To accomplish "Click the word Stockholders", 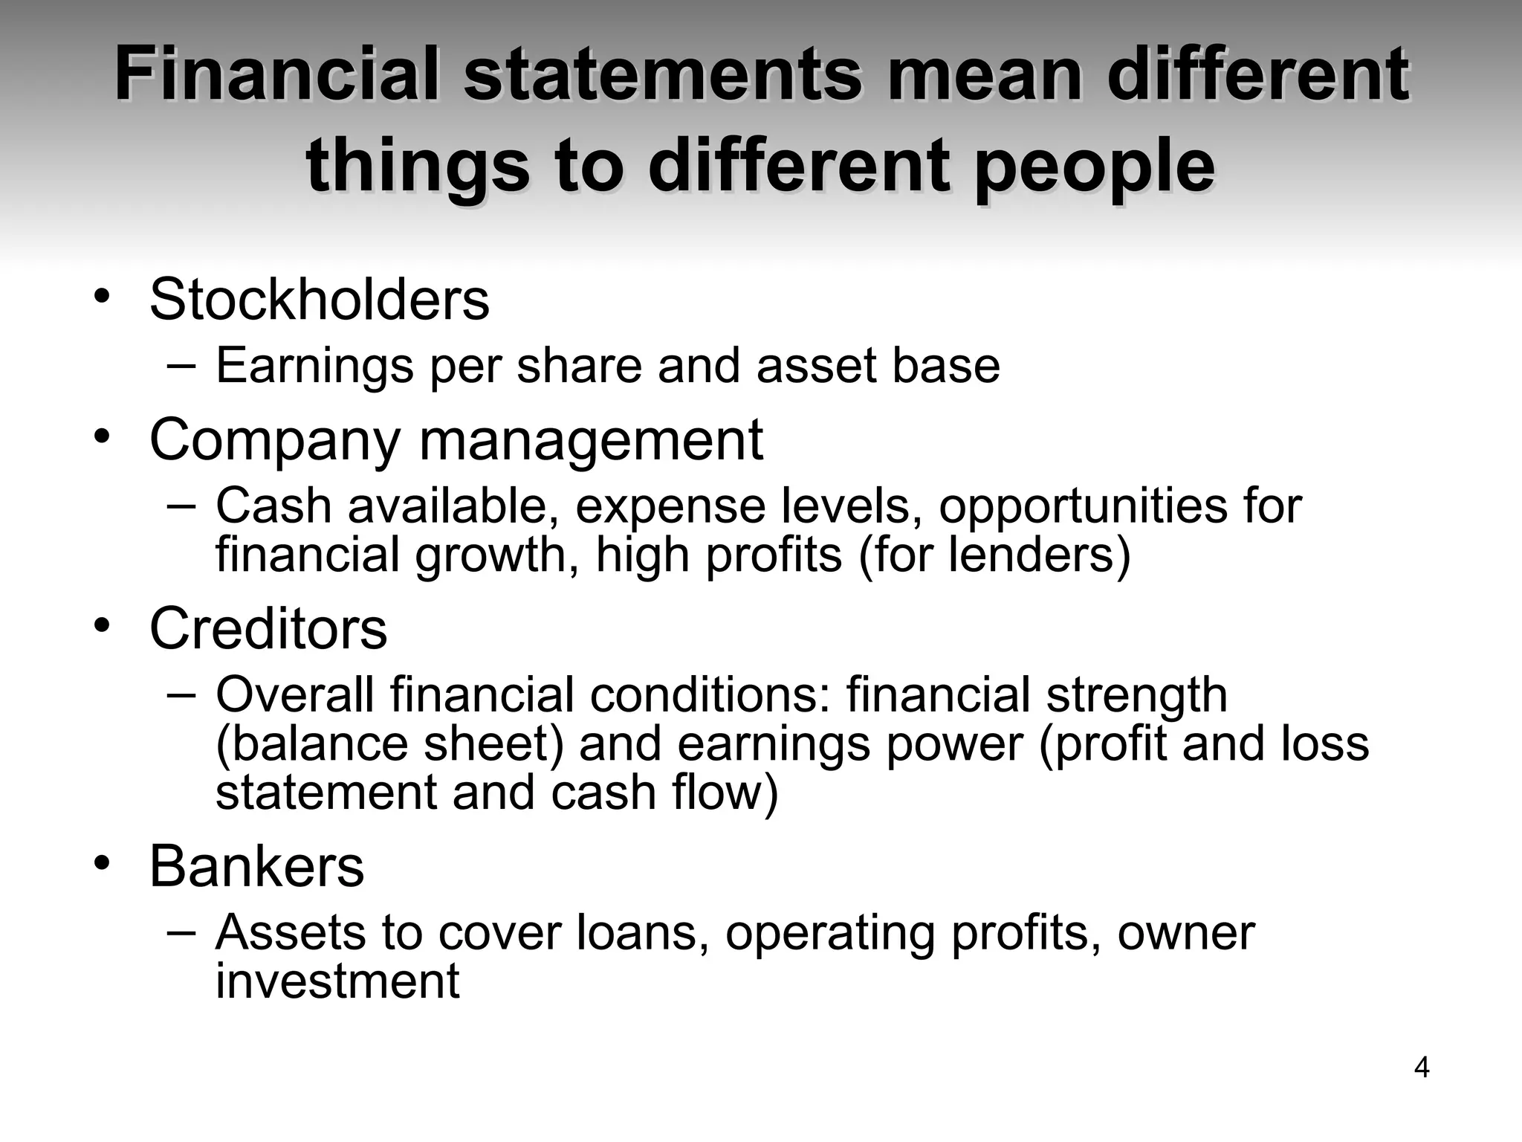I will (320, 300).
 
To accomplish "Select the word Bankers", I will (256, 866).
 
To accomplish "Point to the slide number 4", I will (1421, 1068).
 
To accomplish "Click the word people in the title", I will (1095, 165).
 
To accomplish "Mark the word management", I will (591, 440).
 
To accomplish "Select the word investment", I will (337, 981).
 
